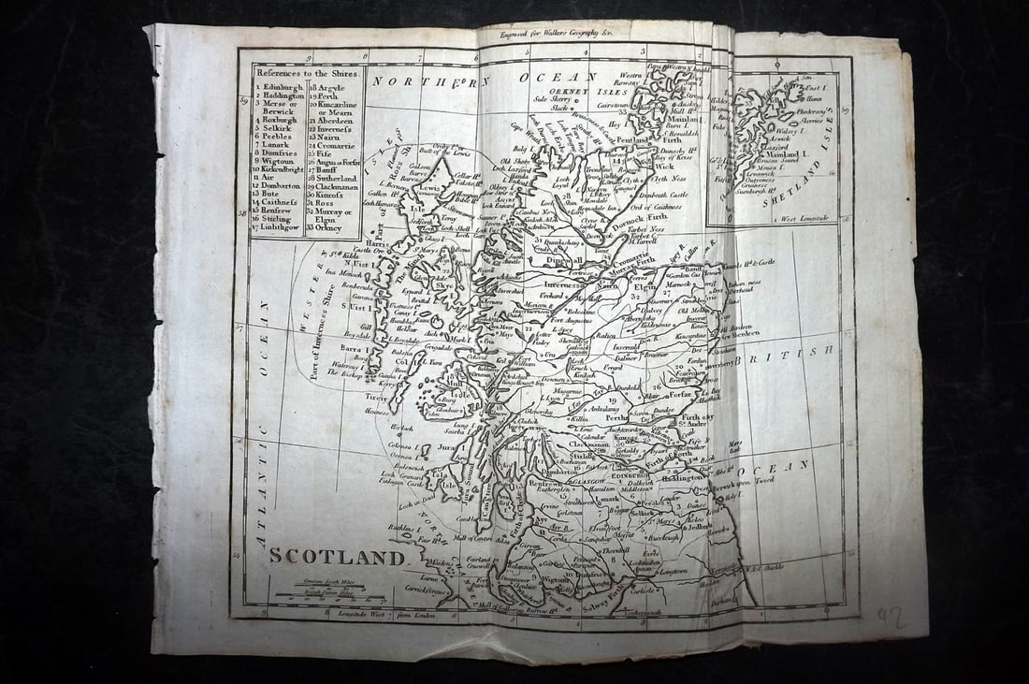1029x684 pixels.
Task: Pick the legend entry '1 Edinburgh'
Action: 278,87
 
